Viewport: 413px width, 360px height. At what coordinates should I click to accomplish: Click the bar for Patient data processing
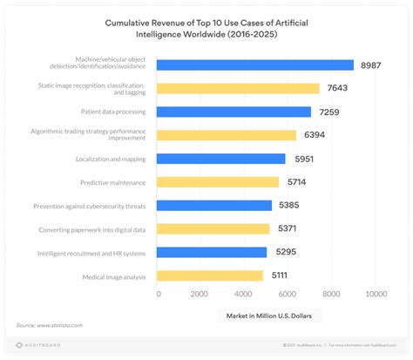[234, 112]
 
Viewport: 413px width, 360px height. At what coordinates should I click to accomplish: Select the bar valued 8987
[255, 65]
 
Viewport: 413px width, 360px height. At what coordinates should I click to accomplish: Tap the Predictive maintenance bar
[219, 181]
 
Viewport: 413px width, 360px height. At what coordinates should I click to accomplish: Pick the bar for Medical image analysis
[211, 275]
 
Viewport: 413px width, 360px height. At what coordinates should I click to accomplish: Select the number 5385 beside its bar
[290, 206]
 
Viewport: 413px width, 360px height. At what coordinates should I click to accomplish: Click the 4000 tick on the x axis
[246, 294]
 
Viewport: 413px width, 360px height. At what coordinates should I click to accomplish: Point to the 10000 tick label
[376, 294]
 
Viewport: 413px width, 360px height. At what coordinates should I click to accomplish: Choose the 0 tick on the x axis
[159, 294]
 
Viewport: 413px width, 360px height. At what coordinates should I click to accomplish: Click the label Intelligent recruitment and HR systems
[93, 253]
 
